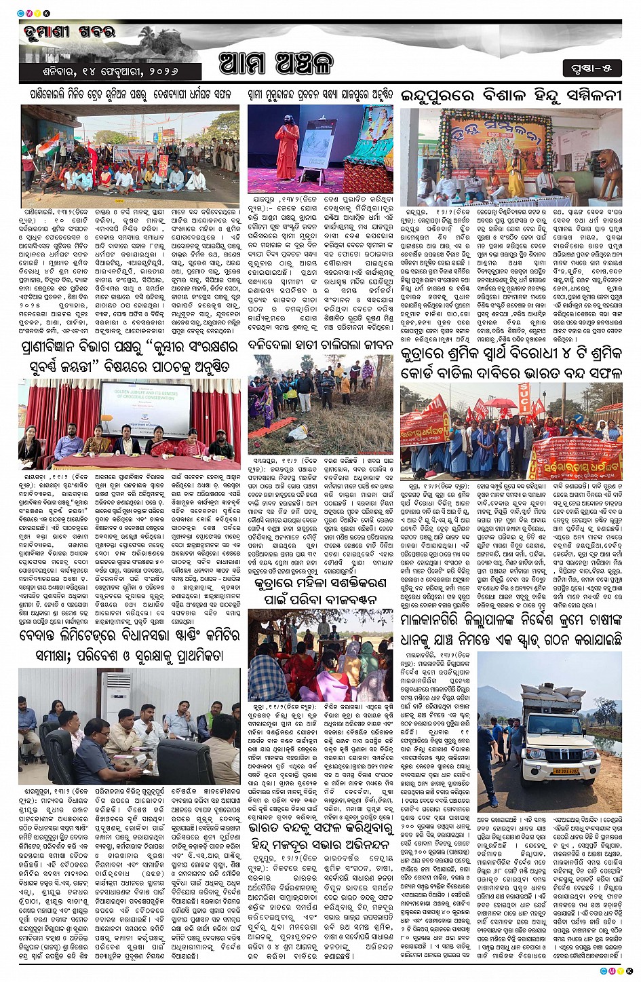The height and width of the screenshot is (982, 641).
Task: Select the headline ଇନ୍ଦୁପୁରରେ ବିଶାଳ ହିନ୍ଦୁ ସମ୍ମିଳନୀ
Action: (509, 94)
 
